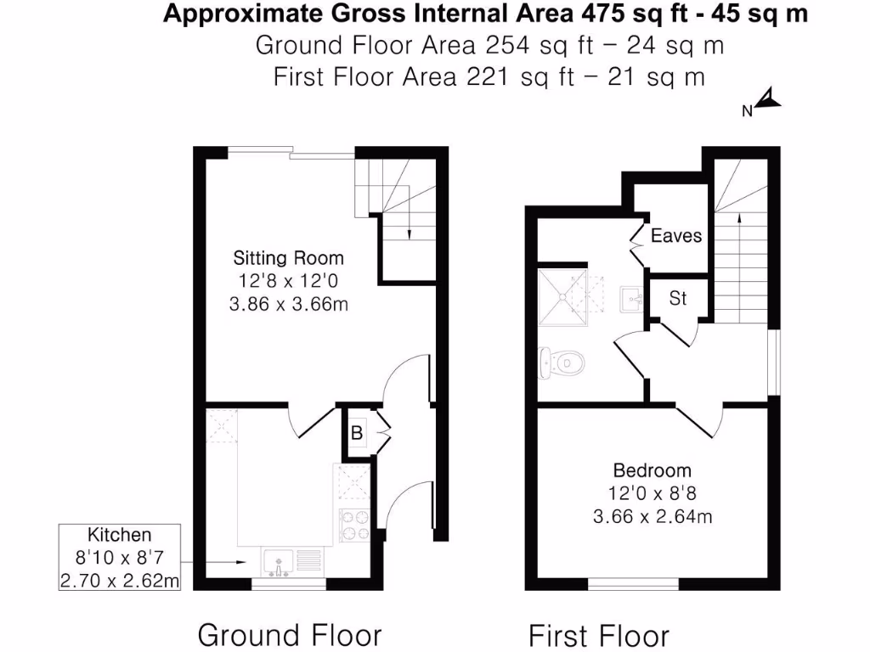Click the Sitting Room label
click(289, 258)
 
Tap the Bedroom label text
click(652, 470)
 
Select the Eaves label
click(676, 235)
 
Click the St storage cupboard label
click(678, 299)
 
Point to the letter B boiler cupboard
click(358, 434)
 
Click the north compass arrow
click(767, 101)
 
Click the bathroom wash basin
click(631, 298)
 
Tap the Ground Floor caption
click(290, 634)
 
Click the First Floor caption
click(599, 635)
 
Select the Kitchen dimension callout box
click(120, 558)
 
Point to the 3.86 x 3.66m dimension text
click(289, 303)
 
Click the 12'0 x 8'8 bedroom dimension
click(652, 492)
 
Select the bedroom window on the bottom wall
click(634, 584)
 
